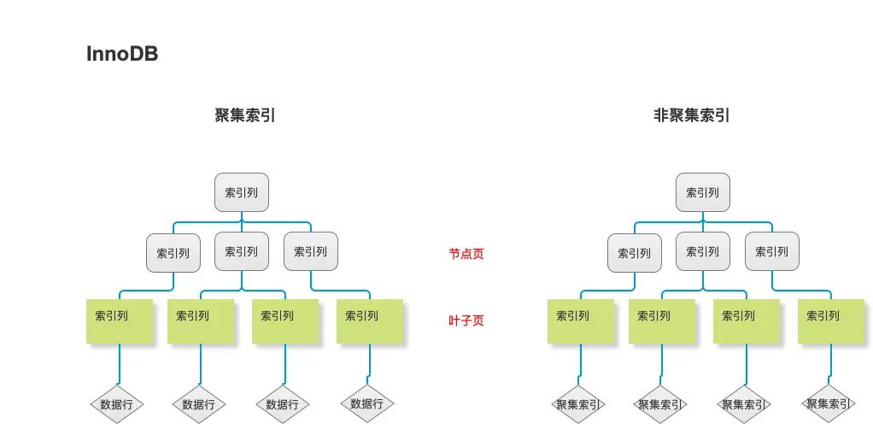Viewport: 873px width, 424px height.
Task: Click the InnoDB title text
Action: point(122,54)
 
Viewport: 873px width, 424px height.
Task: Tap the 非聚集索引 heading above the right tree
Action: point(691,115)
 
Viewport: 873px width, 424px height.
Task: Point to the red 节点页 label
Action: point(466,254)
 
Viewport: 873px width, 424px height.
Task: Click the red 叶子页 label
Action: point(466,321)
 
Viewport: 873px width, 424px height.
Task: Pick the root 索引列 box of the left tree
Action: point(241,192)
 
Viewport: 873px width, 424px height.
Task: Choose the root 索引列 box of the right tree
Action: point(702,192)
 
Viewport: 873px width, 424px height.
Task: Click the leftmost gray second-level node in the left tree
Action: point(173,253)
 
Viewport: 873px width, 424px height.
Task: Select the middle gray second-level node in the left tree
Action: point(241,251)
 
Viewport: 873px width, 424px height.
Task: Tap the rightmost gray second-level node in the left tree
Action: point(310,251)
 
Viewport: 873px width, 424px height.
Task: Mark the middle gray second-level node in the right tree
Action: point(702,251)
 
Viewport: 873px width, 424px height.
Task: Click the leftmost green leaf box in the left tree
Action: point(119,321)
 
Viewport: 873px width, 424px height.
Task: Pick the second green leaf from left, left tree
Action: point(200,321)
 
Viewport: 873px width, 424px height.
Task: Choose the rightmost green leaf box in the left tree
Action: point(369,321)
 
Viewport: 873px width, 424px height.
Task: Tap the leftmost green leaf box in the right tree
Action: point(580,321)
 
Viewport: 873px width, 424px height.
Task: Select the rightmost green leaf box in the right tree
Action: point(830,321)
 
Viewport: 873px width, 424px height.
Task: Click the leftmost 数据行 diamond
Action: point(117,404)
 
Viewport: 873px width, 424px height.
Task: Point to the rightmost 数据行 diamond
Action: point(367,403)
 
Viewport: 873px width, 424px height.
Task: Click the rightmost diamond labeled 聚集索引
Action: point(829,403)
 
